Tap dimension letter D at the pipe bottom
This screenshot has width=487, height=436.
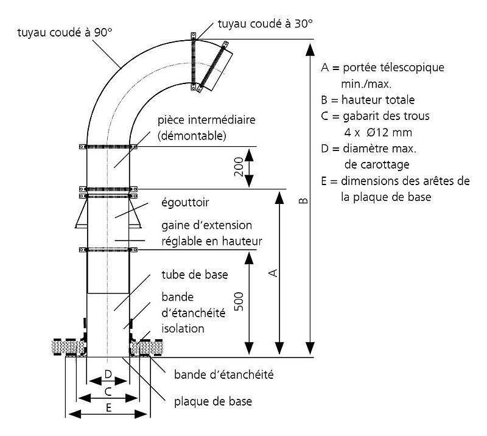point(107,373)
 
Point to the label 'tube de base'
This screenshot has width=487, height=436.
point(195,274)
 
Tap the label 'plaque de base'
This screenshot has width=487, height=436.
point(212,401)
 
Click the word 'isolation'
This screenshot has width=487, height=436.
point(183,328)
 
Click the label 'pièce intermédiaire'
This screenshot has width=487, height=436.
point(206,120)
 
